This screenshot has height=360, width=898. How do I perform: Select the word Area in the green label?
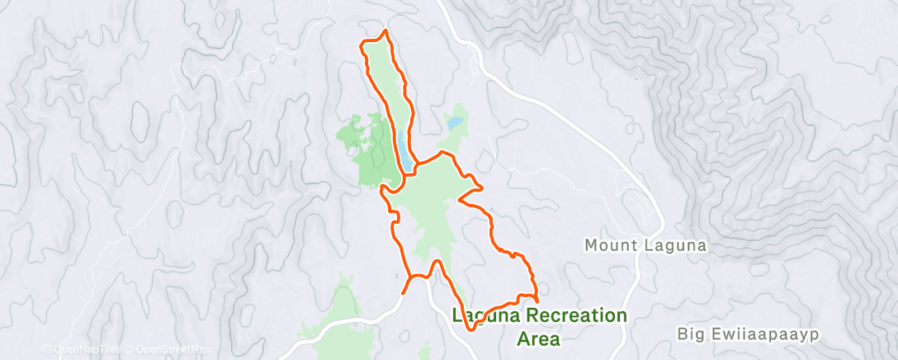(x=538, y=339)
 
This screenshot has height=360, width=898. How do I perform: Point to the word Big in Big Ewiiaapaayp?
(x=690, y=334)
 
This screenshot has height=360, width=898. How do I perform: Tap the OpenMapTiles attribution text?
(x=82, y=350)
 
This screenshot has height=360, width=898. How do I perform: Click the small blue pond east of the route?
(x=454, y=126)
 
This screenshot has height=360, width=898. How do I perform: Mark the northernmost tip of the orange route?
(x=383, y=32)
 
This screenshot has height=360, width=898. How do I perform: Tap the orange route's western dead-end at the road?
(x=403, y=293)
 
